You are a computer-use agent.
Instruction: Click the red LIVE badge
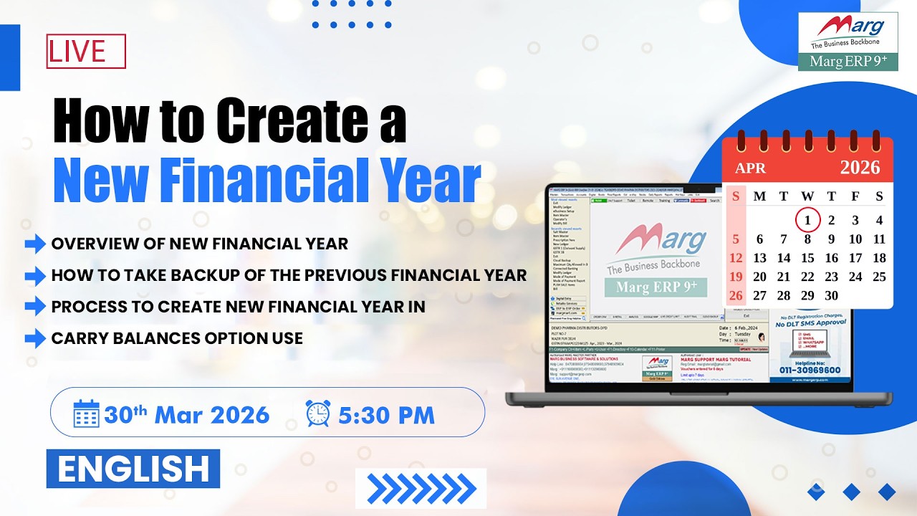[x=86, y=51]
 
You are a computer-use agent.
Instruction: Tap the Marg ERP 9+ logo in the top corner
[x=848, y=41]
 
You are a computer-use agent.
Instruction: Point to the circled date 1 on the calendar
[x=807, y=220]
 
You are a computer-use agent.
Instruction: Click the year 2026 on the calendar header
[x=859, y=168]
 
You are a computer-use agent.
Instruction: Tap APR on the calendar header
[x=749, y=168]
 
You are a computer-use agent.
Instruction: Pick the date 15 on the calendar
[x=807, y=258]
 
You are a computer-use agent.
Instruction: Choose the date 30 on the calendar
[x=831, y=295]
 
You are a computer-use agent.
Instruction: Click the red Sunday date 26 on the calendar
[x=736, y=295]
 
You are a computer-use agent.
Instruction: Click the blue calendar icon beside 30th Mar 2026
[x=87, y=414]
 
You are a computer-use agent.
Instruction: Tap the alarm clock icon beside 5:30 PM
[x=318, y=414]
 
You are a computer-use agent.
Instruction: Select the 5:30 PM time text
[x=387, y=414]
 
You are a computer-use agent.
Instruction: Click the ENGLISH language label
[x=133, y=469]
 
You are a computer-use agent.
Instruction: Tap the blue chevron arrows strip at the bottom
[x=421, y=489]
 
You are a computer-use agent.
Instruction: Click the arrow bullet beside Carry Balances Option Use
[x=35, y=338]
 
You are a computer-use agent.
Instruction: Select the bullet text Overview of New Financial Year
[x=199, y=244]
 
